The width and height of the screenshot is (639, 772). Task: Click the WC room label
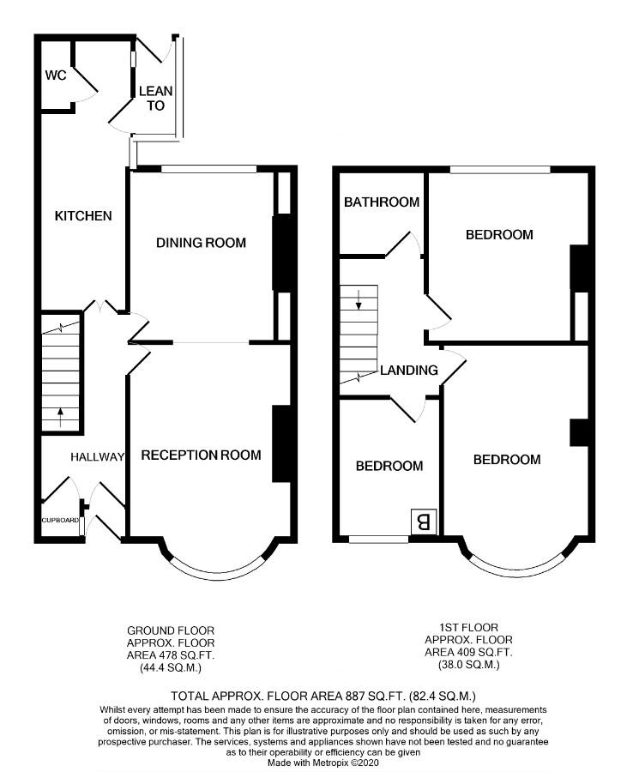[56, 75]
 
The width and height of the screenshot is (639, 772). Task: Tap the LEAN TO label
[155, 98]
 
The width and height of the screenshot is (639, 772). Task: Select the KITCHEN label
[83, 215]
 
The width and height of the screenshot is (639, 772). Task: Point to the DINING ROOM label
[201, 242]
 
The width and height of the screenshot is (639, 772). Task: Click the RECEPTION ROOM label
[201, 455]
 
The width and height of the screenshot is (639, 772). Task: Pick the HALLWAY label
[97, 457]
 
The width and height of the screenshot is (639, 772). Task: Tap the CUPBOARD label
[60, 520]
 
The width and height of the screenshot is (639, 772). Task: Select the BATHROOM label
[382, 202]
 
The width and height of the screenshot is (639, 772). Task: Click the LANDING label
[409, 371]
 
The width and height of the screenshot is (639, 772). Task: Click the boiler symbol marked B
[424, 522]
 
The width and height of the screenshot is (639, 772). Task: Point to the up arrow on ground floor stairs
[61, 417]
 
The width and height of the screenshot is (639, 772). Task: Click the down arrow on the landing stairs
[359, 299]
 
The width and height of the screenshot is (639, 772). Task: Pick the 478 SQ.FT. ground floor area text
[184, 655]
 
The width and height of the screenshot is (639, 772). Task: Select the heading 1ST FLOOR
[468, 627]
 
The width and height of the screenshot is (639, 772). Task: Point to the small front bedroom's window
[378, 540]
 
